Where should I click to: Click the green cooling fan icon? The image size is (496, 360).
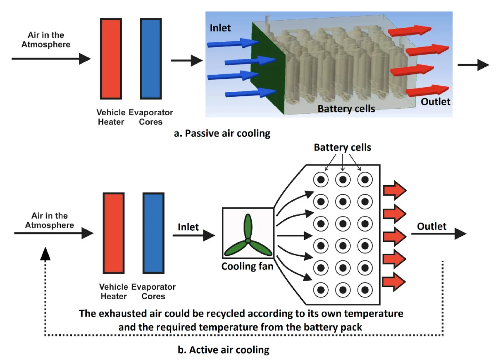248,236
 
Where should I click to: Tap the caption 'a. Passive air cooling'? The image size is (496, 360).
223,134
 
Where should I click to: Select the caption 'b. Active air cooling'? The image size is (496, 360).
223,350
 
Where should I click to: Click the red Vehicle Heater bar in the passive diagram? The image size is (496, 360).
111,58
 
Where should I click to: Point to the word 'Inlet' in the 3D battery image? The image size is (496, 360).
220,29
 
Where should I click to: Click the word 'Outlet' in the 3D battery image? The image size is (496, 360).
436,101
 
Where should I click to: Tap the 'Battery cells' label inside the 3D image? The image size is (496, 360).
346,109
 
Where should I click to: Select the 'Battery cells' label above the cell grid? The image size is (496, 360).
343,148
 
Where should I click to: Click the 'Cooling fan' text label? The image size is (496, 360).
247,266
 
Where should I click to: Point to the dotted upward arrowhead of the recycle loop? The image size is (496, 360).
45,254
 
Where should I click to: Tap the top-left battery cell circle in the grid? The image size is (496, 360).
321,180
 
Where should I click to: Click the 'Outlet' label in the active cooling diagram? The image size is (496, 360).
432,226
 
